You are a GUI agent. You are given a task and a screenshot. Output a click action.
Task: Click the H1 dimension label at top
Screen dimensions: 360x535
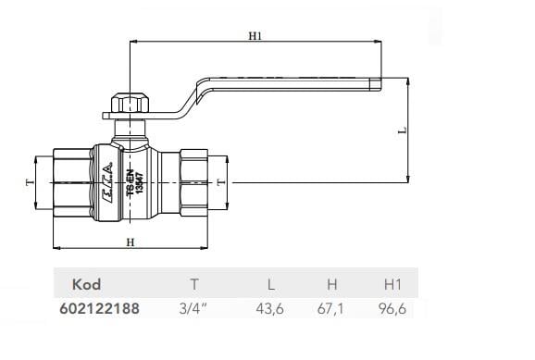pyautogui.click(x=255, y=36)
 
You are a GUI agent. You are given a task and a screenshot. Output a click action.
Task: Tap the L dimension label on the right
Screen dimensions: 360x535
pyautogui.click(x=403, y=131)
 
